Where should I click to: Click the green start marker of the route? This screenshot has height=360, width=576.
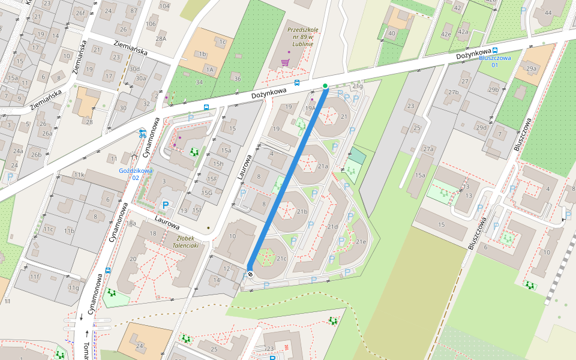point(325,86)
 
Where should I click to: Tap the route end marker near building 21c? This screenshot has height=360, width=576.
point(250,274)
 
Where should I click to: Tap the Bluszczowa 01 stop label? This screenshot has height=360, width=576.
point(495,61)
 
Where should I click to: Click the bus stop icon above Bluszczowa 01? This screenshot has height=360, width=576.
point(495,51)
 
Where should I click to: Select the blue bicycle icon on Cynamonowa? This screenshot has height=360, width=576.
point(142,134)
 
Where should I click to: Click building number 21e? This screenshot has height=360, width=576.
point(361,242)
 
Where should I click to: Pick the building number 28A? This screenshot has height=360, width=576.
point(161,38)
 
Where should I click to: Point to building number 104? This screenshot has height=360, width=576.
point(164,6)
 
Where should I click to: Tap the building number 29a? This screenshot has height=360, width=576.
point(531,69)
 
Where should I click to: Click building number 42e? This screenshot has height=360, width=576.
point(446,34)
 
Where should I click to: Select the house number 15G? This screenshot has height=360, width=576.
point(207,193)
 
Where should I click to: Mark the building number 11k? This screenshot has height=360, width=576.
point(79,175)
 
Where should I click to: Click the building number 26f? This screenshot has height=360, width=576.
point(80,12)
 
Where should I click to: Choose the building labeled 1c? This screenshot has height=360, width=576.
point(222,42)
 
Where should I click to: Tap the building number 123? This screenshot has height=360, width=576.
point(269,349)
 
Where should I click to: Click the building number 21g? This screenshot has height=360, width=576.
point(358,86)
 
